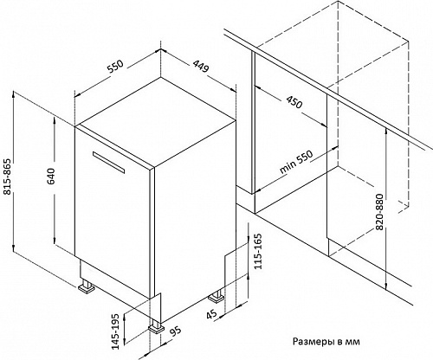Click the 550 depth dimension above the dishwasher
[x=115, y=67]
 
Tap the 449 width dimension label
[x=200, y=67]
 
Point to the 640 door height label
[x=50, y=177]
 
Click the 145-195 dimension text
[x=115, y=331]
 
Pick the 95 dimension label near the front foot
[x=175, y=331]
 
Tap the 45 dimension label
[x=212, y=313]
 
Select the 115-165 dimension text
[x=257, y=251]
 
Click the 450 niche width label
[x=294, y=102]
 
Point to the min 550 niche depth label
[x=296, y=162]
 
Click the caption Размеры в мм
[x=326, y=342]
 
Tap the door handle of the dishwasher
[x=108, y=162]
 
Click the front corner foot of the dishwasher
[x=156, y=327]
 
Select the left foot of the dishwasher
[x=87, y=286]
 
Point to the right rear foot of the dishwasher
[x=216, y=295]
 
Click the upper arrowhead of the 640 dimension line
[x=55, y=120]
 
